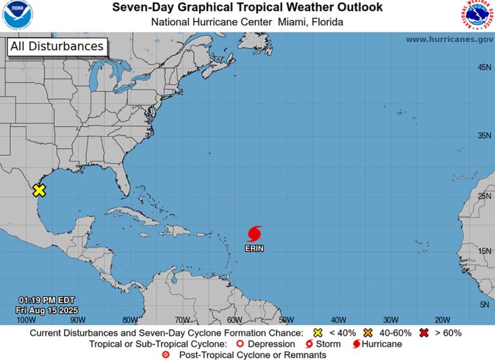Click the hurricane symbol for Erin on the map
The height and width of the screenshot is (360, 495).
point(254,233)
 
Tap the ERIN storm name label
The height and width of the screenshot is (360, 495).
point(254,248)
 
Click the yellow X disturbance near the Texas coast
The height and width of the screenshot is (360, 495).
point(39,190)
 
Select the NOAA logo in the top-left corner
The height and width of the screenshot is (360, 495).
point(18,15)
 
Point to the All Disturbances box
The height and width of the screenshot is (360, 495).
point(57,46)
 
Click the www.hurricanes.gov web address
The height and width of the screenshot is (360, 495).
point(449,39)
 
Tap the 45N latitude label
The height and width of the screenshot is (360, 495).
point(484,67)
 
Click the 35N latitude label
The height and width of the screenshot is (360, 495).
point(484,136)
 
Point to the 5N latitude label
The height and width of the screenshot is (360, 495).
point(485,305)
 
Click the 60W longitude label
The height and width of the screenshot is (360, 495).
point(235,320)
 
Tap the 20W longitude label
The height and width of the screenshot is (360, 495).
point(442,320)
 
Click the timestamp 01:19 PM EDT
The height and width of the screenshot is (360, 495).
point(46,300)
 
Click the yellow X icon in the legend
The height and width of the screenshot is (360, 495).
point(318,332)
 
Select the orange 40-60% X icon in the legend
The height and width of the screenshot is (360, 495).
point(368,332)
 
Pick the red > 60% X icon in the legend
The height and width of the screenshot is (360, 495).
point(424,332)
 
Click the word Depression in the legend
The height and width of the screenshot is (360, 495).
point(271,344)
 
